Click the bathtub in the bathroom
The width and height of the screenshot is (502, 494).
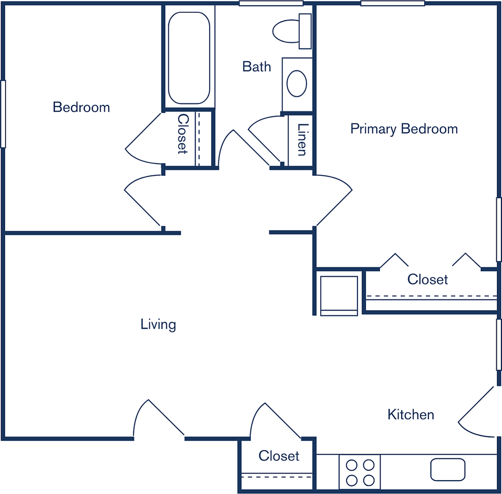[189, 58]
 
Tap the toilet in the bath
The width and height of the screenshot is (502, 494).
[292, 31]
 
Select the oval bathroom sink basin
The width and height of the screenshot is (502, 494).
[297, 83]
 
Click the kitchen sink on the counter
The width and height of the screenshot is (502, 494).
[447, 469]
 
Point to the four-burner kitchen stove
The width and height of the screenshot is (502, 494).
[360, 472]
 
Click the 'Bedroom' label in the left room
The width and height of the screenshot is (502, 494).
[81, 107]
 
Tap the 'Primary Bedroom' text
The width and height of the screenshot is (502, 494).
[404, 129]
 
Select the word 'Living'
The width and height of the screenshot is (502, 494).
[158, 324]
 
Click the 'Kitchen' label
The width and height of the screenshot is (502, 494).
[411, 415]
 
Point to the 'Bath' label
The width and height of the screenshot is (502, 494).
[256, 66]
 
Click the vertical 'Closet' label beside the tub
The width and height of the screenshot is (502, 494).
[182, 134]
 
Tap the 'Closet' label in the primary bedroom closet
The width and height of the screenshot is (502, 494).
[427, 279]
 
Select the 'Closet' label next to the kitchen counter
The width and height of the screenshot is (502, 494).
[279, 455]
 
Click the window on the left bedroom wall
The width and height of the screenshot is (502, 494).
[3, 114]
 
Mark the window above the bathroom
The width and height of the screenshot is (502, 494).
[271, 3]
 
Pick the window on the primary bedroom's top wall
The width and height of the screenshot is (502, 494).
[393, 3]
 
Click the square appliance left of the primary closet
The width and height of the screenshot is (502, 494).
[339, 296]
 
